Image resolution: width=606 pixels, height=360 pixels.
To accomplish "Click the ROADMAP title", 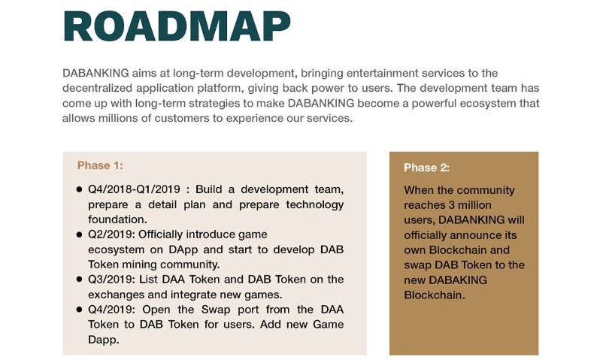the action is click(177, 26).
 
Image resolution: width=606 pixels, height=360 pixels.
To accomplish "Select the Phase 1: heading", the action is click(100, 165).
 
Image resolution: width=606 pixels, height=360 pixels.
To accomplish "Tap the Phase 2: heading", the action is click(426, 168).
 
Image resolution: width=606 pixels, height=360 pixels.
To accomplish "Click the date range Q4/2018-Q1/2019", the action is click(134, 189).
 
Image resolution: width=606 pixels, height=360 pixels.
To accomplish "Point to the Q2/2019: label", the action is click(111, 234).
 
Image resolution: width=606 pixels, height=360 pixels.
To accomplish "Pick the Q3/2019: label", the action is click(112, 280).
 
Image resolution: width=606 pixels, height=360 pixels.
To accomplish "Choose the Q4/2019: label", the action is click(112, 310).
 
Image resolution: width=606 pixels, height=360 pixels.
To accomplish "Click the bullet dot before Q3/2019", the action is click(79, 279).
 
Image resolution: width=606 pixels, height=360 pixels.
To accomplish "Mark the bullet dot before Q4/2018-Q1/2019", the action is click(79, 189).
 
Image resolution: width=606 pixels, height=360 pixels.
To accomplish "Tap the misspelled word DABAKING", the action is click(458, 280).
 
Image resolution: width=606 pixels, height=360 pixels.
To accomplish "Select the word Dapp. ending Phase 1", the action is click(104, 340).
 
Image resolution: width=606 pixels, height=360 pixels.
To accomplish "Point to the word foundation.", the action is click(117, 219).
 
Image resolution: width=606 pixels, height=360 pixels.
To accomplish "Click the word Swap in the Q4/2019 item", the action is click(216, 310).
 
